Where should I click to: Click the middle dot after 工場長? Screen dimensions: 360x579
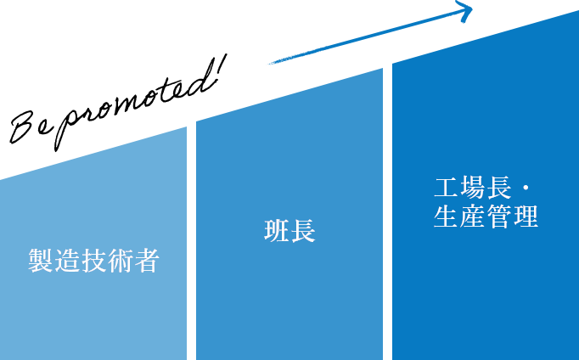coord(526,188)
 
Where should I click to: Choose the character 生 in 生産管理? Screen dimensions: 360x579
coord(447,217)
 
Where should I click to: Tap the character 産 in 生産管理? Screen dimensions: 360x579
coord(473,217)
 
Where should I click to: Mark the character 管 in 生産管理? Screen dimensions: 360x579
coord(499,217)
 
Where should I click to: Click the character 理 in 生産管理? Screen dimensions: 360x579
coord(526,217)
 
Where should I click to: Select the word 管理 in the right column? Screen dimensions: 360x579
coord(513,217)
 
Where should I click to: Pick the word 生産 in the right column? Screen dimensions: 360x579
coord(460,217)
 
